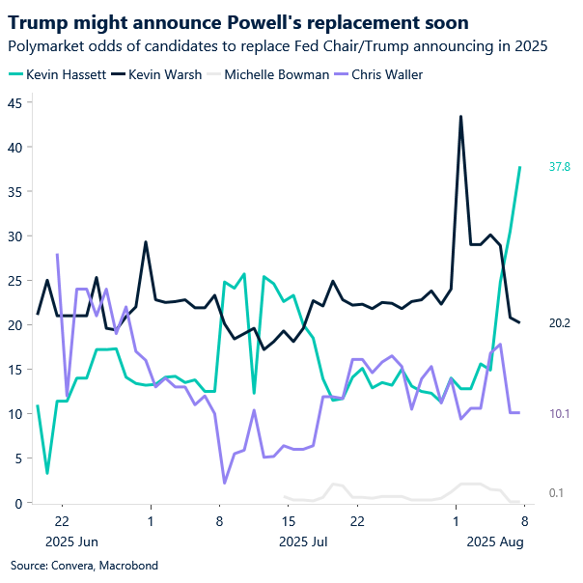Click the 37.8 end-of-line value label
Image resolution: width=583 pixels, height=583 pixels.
click(x=560, y=167)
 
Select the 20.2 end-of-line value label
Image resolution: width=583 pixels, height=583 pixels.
click(x=560, y=322)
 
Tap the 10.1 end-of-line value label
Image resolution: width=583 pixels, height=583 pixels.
click(x=560, y=413)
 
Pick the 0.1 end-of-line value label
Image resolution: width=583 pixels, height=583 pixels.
click(x=556, y=494)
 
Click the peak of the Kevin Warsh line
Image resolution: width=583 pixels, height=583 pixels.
click(x=460, y=116)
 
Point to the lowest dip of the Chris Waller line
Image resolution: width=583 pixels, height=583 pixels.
click(x=224, y=483)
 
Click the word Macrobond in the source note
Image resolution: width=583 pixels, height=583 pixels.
click(x=131, y=565)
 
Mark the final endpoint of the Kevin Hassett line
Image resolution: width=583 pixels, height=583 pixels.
click(x=520, y=167)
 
